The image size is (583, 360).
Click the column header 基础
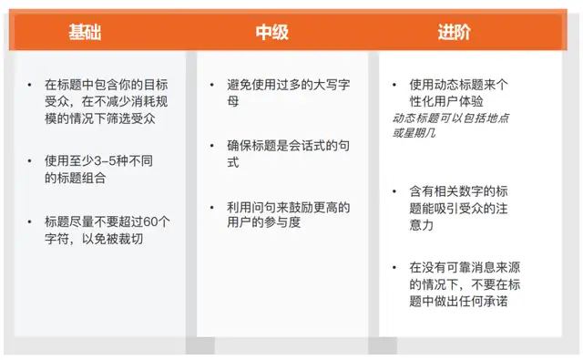[x=85, y=32]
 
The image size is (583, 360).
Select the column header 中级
[x=271, y=32]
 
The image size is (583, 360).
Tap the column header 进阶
[x=454, y=32]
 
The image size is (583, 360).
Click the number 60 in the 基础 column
[x=150, y=222]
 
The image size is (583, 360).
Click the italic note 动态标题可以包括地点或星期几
[x=451, y=126]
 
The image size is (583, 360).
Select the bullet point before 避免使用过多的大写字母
[x=211, y=85]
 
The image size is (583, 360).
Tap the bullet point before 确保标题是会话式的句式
[x=211, y=146]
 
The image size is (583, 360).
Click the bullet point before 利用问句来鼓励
[x=211, y=207]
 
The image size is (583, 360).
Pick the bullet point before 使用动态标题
[x=394, y=85]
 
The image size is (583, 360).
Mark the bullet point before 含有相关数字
[x=394, y=191]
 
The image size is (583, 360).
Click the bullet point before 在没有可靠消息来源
[x=394, y=267]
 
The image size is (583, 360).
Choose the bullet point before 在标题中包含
[x=29, y=85]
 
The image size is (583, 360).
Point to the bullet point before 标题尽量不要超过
[x=29, y=222]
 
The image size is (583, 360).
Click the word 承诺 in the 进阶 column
[x=496, y=302]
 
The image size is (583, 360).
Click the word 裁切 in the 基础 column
[x=131, y=239]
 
